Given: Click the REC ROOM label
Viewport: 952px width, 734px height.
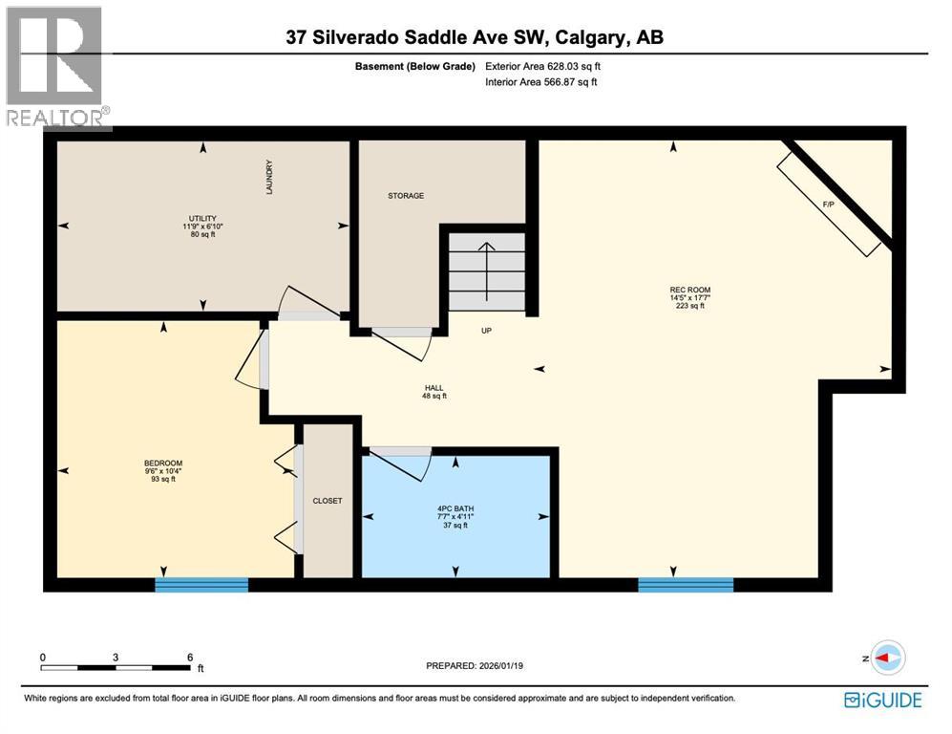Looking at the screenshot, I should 689,290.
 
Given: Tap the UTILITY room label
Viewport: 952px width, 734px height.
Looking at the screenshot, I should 202,217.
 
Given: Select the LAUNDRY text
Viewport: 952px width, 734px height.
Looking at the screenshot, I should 270,178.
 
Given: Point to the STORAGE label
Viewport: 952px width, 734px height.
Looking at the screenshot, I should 405,196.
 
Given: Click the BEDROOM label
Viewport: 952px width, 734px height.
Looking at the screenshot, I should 162,464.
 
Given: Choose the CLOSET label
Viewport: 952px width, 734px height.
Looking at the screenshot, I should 328,501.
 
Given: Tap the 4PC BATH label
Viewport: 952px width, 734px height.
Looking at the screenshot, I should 455,508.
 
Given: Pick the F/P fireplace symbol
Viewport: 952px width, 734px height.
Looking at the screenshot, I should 828,205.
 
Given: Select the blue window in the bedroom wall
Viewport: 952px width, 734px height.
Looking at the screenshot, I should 201,585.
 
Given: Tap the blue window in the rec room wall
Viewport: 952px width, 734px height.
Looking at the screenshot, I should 685,585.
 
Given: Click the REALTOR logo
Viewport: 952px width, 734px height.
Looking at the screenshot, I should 55,66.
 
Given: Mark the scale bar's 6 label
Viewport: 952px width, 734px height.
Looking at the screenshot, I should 190,658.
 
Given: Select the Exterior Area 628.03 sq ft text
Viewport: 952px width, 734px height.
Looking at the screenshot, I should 542,67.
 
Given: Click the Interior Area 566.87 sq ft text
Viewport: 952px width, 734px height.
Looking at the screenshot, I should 541,83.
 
